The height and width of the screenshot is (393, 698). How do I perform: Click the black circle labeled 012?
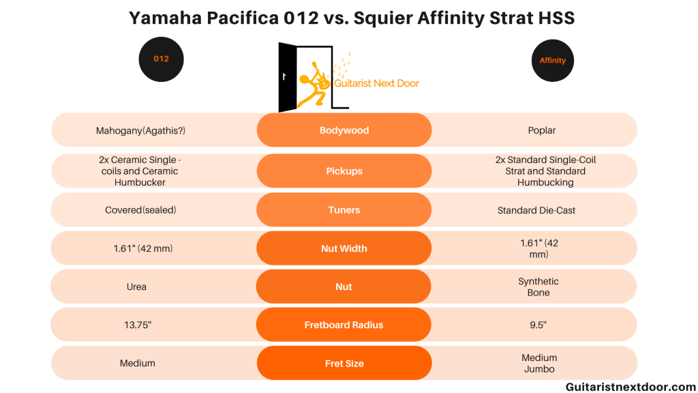(x=161, y=59)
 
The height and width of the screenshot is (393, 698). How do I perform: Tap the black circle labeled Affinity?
(x=552, y=61)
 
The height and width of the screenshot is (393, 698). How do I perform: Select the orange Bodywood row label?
(x=344, y=130)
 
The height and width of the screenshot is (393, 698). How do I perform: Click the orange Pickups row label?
(x=344, y=171)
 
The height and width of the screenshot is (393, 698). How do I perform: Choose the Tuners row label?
(x=344, y=210)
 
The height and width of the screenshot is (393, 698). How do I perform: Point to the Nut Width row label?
(x=344, y=248)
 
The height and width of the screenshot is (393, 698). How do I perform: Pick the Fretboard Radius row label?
(x=344, y=325)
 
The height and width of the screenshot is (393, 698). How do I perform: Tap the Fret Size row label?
(x=344, y=363)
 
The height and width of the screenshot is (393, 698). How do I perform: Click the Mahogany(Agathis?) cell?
(x=140, y=130)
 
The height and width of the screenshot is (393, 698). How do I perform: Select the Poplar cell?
(x=542, y=130)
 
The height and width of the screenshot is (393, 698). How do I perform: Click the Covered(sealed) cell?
(x=140, y=210)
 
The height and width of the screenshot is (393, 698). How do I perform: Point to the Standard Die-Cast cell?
(x=536, y=210)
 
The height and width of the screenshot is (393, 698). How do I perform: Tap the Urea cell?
(x=136, y=287)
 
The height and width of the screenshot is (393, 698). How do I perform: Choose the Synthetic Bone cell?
(x=538, y=287)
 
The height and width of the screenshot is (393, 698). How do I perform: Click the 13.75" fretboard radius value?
(x=138, y=325)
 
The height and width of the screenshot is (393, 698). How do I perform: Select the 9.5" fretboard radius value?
(x=538, y=325)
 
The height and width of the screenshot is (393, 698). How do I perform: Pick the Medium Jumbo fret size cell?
(x=539, y=363)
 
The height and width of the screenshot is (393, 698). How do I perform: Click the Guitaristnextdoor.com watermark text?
(x=631, y=387)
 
